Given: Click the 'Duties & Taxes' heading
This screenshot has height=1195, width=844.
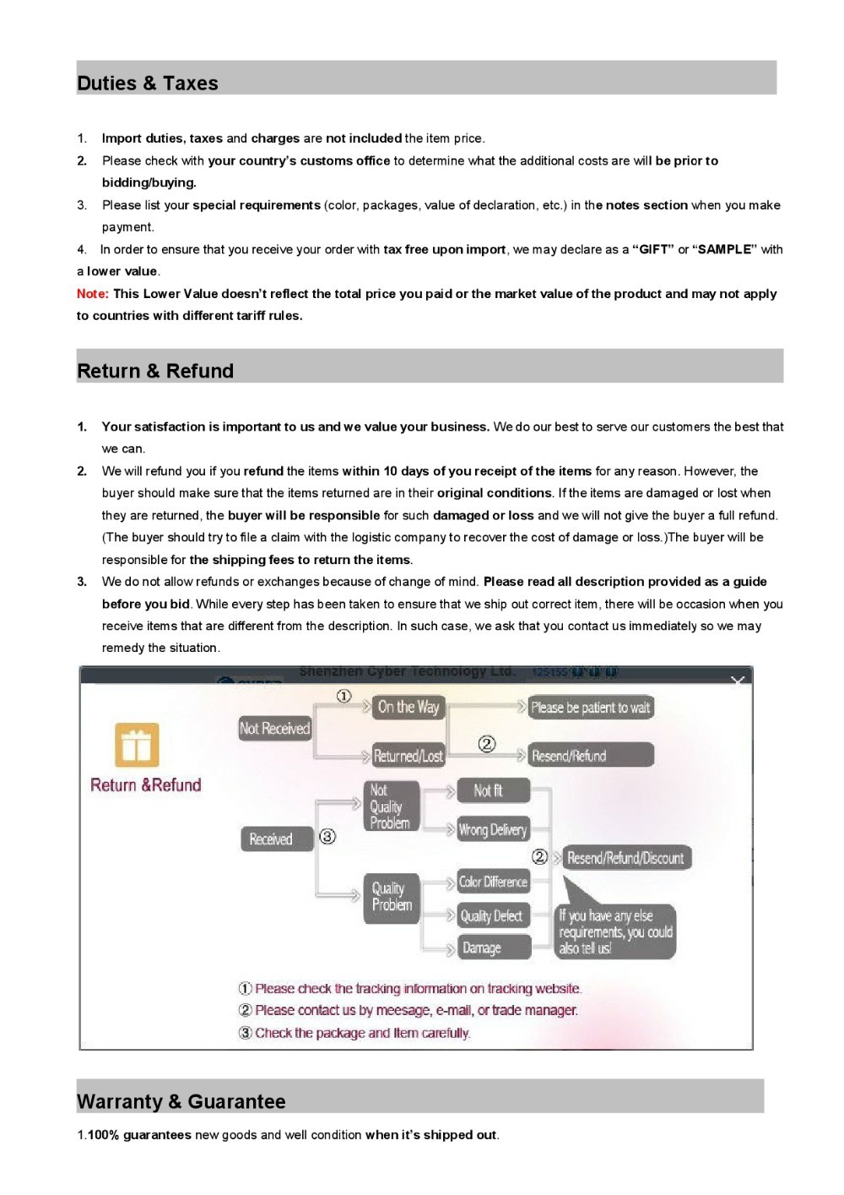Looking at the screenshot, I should (148, 83).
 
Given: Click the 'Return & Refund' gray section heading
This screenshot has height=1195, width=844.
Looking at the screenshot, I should (155, 371).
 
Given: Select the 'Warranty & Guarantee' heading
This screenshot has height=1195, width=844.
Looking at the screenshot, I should (181, 1101).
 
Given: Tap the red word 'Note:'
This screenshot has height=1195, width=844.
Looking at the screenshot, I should (92, 294).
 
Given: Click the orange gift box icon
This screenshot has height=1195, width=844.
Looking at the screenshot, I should (137, 745).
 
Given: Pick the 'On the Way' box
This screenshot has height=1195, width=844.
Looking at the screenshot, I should (408, 707).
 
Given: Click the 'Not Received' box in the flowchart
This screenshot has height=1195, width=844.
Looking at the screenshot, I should (275, 728).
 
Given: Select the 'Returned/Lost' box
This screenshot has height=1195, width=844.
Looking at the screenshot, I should (408, 756).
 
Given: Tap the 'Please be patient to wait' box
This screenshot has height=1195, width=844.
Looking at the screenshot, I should (591, 708).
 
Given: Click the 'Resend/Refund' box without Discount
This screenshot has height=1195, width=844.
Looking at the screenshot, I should (591, 756).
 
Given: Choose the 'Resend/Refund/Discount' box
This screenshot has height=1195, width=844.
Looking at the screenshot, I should (625, 858).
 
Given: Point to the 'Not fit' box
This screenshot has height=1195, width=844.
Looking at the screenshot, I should (493, 790).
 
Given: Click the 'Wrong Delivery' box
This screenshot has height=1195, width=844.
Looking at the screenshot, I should (493, 829).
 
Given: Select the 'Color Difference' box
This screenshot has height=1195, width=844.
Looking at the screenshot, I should (493, 883).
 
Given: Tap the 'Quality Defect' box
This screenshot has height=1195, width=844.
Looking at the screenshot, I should (493, 916).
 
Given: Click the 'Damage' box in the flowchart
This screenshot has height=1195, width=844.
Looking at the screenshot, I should (493, 948).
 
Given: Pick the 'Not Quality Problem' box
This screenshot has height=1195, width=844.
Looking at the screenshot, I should (391, 807).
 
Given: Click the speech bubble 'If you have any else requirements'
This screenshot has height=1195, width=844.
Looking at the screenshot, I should (615, 932).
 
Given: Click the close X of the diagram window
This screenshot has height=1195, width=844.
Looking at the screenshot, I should (738, 680).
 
